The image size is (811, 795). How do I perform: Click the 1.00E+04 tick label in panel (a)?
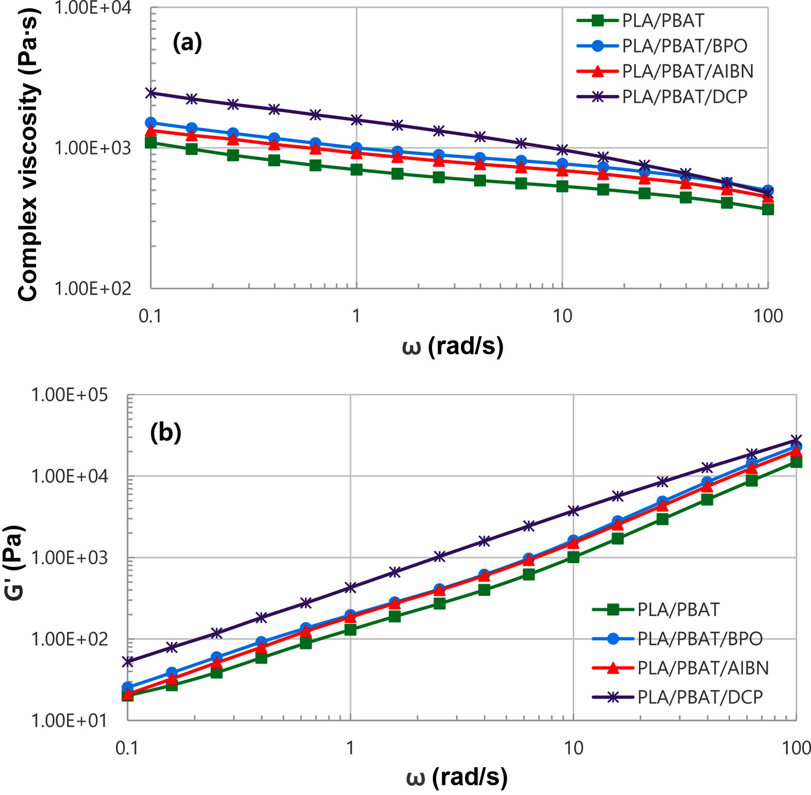(93, 8)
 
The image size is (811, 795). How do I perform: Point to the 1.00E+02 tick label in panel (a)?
(93, 288)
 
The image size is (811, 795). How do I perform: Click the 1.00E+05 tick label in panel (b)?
(70, 395)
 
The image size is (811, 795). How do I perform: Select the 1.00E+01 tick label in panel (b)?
(70, 720)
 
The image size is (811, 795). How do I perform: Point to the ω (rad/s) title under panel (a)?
(452, 346)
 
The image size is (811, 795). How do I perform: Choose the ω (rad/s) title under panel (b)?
(456, 776)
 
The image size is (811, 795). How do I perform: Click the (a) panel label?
(187, 42)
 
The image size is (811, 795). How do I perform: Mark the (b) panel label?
(165, 432)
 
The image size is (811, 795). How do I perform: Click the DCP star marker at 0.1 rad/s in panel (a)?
(151, 93)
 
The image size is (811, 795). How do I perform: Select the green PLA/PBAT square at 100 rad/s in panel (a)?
(768, 209)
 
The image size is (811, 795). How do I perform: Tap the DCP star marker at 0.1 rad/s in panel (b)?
(128, 662)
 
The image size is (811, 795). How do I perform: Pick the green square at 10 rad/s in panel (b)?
(573, 557)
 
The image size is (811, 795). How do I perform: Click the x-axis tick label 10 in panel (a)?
(562, 316)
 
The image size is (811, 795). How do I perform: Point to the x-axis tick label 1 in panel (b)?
(350, 747)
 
